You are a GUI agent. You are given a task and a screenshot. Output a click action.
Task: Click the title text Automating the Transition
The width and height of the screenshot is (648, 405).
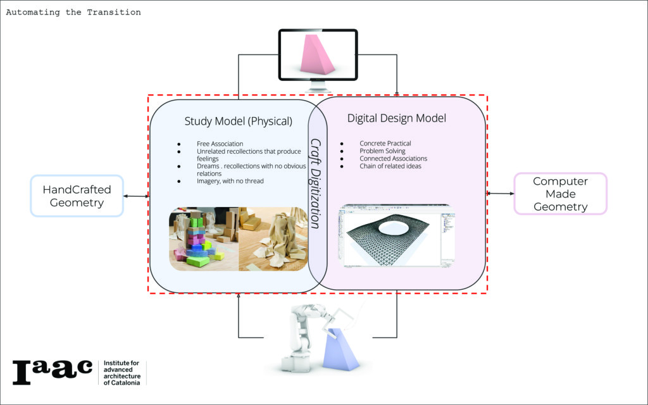click(73, 12)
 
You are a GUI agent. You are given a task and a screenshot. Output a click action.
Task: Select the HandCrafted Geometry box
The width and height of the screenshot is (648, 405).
click(77, 196)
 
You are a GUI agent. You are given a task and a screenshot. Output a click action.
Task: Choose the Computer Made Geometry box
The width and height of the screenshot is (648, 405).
click(560, 194)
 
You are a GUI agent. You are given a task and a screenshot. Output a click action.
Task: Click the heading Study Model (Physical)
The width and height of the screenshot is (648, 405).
click(238, 121)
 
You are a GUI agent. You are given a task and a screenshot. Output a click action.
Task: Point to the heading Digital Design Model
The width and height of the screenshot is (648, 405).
click(397, 118)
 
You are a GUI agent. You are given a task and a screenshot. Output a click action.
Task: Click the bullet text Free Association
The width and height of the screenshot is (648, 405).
click(220, 144)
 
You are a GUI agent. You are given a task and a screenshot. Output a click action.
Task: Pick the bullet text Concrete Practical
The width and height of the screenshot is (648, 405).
click(385, 144)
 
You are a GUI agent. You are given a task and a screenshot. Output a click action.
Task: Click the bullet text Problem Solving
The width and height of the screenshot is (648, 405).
click(382, 151)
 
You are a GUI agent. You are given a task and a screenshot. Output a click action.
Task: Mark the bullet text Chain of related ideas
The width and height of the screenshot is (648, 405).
click(391, 166)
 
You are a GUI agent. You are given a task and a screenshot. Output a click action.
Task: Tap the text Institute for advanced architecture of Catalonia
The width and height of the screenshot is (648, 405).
click(123, 373)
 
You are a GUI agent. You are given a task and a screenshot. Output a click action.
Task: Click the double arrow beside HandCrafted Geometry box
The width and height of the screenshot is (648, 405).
click(136, 196)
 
